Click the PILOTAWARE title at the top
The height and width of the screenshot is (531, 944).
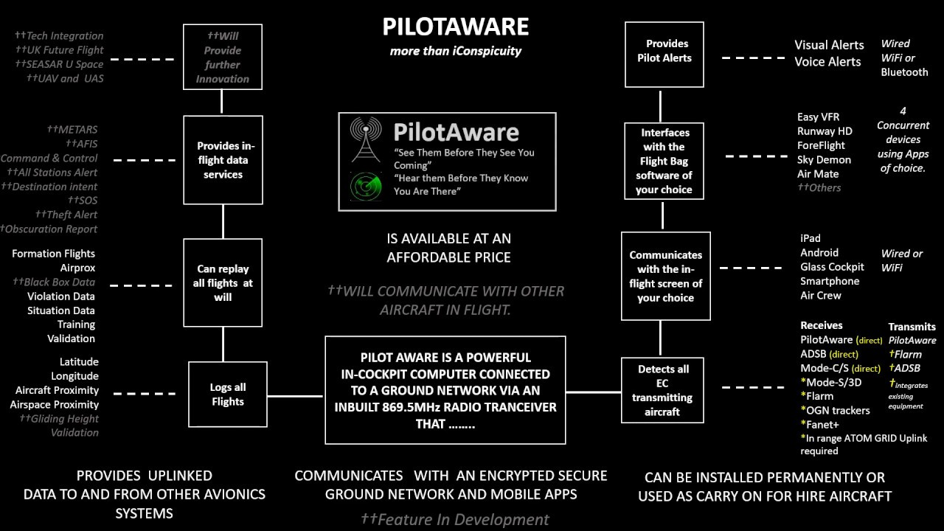[x=455, y=27]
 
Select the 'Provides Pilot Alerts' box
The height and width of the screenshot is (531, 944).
[x=664, y=51]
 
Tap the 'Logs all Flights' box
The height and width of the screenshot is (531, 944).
[x=227, y=395]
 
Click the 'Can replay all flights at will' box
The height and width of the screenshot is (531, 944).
[x=223, y=282]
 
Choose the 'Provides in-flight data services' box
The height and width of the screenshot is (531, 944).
[x=223, y=160]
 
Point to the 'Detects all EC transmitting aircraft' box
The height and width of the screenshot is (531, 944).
[x=662, y=390]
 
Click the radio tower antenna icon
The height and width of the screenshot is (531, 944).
[x=366, y=139]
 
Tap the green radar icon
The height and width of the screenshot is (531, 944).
[x=366, y=186]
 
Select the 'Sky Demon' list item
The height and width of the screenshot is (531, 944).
[x=824, y=159]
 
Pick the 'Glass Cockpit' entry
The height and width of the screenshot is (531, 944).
[x=832, y=267]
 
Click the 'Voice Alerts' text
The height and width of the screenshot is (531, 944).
[x=827, y=62]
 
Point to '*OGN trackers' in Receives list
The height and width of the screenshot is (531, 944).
[x=835, y=410]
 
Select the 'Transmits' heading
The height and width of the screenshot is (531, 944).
[x=912, y=327]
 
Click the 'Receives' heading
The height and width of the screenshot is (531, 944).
[x=821, y=325]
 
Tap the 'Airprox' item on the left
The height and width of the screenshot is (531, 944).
[x=77, y=268]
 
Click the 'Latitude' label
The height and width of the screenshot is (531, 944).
[x=79, y=362]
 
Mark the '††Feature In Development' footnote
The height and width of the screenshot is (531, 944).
[x=454, y=520]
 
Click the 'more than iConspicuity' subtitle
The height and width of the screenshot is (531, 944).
[x=455, y=51]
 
